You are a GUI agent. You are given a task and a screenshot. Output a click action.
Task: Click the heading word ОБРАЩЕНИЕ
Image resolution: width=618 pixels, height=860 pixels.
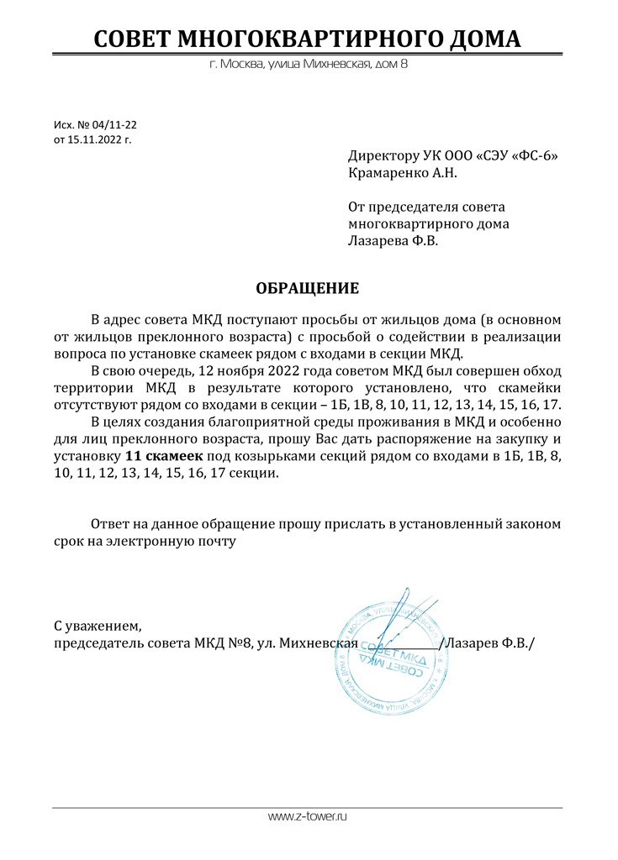coord(307,289)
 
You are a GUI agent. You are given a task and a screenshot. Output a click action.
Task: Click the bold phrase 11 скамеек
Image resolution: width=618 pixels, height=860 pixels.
coord(164,455)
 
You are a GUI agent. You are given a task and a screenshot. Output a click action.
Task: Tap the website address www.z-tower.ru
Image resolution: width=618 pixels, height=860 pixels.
coord(308,816)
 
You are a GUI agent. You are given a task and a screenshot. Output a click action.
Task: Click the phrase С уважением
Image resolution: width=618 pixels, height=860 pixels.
coord(98,626)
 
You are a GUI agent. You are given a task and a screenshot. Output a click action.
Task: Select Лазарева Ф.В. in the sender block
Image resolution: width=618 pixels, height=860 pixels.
coord(393,240)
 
